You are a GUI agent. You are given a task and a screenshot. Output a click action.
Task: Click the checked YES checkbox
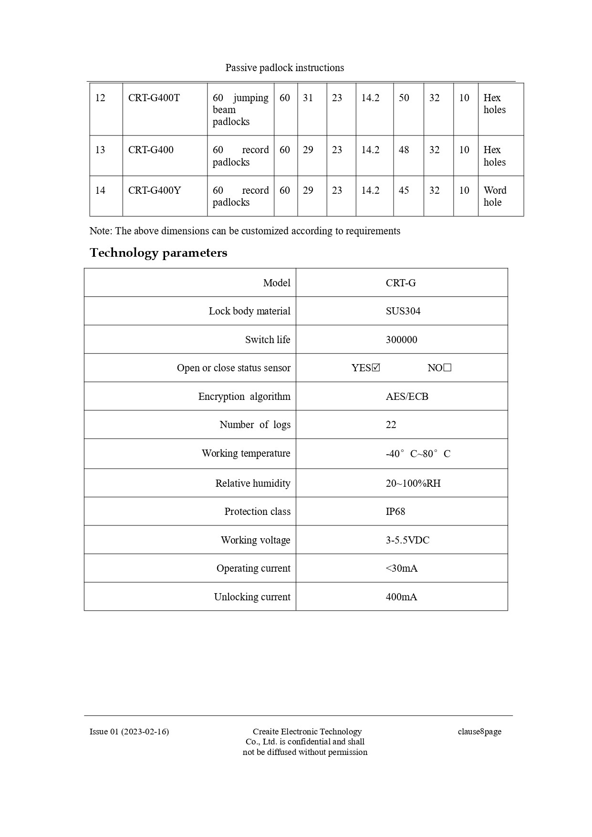(376, 367)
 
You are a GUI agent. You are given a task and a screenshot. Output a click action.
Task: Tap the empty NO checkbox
(447, 367)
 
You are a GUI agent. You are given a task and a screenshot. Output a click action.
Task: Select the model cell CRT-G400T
(154, 98)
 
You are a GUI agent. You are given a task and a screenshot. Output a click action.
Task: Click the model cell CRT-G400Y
(155, 190)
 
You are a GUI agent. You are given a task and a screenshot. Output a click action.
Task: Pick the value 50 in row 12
(404, 98)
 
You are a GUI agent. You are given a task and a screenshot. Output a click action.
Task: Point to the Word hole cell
(495, 196)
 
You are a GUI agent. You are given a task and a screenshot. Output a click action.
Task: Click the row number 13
(100, 150)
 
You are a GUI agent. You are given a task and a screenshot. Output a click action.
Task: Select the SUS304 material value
(403, 311)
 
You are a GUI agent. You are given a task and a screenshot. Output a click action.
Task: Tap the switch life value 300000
(401, 340)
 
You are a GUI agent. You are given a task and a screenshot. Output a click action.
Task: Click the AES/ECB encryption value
(407, 397)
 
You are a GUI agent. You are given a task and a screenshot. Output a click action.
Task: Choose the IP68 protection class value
(395, 512)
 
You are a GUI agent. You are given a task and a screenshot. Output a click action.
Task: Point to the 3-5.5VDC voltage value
(407, 540)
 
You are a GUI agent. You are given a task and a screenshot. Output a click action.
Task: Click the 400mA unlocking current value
(401, 597)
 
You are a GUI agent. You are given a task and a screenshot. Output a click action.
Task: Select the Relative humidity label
(253, 483)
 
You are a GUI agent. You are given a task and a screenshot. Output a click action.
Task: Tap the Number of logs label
(255, 425)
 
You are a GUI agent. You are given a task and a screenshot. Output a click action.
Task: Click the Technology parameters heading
(158, 252)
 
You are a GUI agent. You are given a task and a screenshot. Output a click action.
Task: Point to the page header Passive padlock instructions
(285, 68)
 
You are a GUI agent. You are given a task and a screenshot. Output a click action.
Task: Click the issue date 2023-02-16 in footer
(145, 732)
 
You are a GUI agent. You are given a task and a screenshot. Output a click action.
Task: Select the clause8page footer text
(479, 732)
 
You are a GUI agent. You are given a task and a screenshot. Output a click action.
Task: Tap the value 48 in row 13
(404, 150)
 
